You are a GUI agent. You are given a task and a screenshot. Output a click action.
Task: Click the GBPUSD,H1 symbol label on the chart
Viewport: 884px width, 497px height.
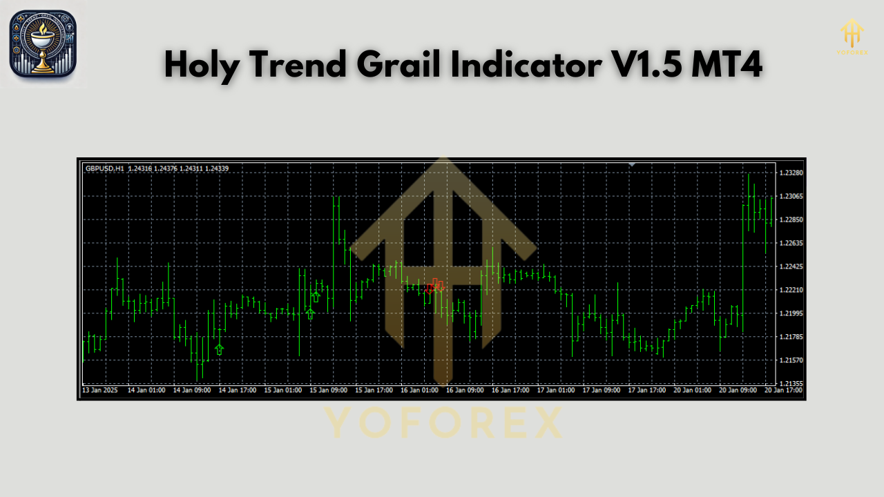[x=105, y=168]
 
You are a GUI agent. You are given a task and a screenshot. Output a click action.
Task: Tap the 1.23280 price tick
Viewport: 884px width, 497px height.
[x=790, y=173]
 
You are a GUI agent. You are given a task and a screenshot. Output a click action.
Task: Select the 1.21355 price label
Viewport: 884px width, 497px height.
[x=790, y=384]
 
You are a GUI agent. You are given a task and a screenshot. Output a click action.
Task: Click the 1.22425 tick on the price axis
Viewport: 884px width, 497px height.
[x=790, y=266]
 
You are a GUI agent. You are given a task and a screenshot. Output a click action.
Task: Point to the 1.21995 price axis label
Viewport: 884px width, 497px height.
[x=790, y=313]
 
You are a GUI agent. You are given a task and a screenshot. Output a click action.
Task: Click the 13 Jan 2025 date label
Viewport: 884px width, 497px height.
[x=100, y=391]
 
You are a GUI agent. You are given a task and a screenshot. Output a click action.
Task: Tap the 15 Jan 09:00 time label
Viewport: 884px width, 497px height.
[x=329, y=391]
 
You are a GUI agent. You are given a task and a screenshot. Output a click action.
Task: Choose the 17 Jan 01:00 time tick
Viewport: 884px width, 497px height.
[x=557, y=391]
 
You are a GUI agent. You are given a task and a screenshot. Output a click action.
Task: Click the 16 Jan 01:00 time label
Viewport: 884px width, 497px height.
[x=421, y=391]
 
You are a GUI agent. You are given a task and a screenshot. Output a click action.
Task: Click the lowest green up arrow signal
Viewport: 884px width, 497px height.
[x=220, y=349]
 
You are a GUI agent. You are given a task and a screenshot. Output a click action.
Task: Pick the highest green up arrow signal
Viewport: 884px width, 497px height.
[x=316, y=297]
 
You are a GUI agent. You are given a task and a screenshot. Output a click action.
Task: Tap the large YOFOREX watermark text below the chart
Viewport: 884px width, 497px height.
[x=442, y=422]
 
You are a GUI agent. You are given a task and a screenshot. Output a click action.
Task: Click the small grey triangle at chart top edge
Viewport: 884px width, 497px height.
[x=631, y=164]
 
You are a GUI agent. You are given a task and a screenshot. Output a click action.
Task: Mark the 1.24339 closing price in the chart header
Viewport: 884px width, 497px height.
[x=217, y=168]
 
